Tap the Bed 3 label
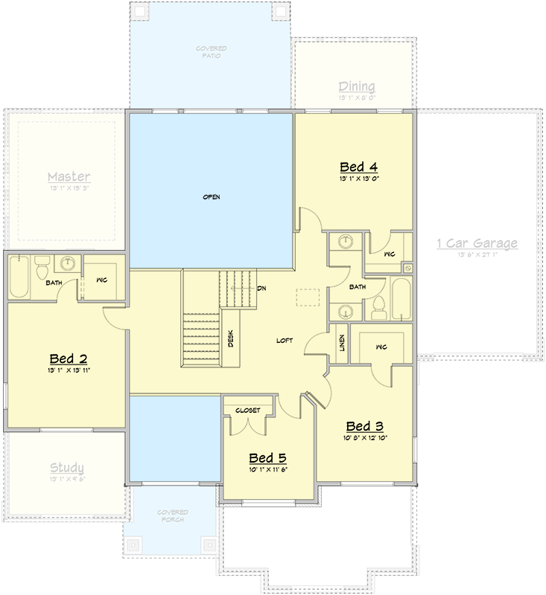365,426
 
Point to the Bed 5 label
267,458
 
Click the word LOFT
285,341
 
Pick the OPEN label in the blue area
212,197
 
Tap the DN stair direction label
261,289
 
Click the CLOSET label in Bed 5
248,410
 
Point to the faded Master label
69,177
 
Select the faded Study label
66,468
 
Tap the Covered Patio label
212,53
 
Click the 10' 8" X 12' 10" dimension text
365,438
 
